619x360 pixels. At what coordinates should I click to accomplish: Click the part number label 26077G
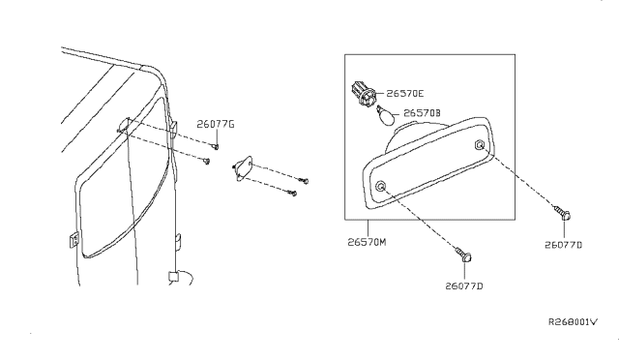(x=217, y=124)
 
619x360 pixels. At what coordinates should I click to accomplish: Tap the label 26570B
(x=423, y=114)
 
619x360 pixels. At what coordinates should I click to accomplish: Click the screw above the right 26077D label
(x=561, y=215)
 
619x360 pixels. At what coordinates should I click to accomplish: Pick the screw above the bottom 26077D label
(x=464, y=255)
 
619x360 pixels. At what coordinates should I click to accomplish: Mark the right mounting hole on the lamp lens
(x=480, y=145)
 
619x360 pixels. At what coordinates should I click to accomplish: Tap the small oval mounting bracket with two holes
(x=245, y=167)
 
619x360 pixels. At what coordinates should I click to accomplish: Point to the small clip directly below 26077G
(x=217, y=146)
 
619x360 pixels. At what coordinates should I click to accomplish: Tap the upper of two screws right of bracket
(x=305, y=178)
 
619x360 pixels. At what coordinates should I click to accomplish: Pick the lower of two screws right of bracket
(x=293, y=194)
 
